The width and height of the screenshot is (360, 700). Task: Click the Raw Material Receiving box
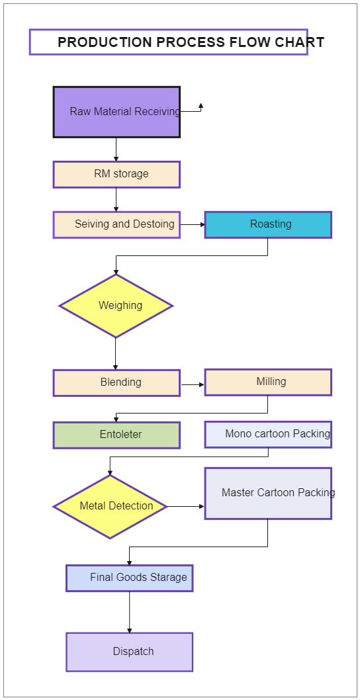tap(116, 112)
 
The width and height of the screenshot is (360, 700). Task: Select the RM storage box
tap(116, 175)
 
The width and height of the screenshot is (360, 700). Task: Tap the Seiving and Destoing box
tap(116, 224)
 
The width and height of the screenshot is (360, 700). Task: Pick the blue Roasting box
tap(268, 224)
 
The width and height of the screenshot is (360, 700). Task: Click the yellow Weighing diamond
tap(116, 306)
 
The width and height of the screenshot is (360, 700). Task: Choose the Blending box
tap(116, 382)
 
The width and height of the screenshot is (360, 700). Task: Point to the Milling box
tap(268, 382)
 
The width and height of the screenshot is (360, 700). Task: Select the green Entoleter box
tap(116, 435)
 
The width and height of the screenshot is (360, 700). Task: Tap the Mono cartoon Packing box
tap(268, 435)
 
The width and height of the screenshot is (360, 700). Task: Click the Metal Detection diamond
tap(110, 506)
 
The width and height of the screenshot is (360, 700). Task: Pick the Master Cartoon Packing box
tap(268, 494)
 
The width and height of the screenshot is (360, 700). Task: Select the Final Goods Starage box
tap(130, 578)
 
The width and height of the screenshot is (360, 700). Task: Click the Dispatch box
tap(130, 652)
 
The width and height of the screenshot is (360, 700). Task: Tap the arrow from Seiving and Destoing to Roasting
tap(193, 224)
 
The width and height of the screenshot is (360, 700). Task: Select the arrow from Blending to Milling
tap(193, 384)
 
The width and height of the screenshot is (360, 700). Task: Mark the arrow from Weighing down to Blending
tap(115, 353)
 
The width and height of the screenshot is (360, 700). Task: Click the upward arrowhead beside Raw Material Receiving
tap(201, 106)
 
